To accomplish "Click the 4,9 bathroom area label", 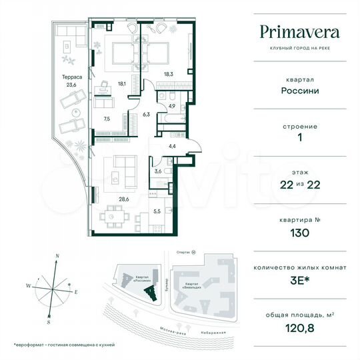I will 171,105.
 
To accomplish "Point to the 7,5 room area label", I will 107,120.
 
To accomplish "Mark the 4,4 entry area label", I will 171,146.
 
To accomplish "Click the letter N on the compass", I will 58,256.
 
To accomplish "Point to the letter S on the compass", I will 49,321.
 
